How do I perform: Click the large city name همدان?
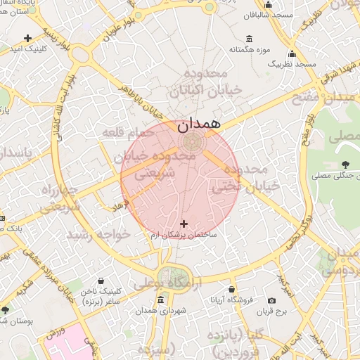pos(199,124)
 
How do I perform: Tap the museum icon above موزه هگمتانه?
pos(250,39)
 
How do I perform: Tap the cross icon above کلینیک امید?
pos(27,37)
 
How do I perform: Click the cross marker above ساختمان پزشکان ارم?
pos(184,224)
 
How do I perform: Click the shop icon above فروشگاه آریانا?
pos(231,289)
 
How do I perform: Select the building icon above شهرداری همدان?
pos(160,300)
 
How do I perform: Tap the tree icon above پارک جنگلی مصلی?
pos(344,165)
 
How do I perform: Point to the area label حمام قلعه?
pos(127,132)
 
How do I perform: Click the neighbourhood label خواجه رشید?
pos(98,234)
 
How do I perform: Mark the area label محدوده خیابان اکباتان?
pos(197,83)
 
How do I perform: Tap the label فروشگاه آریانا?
pos(231,300)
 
